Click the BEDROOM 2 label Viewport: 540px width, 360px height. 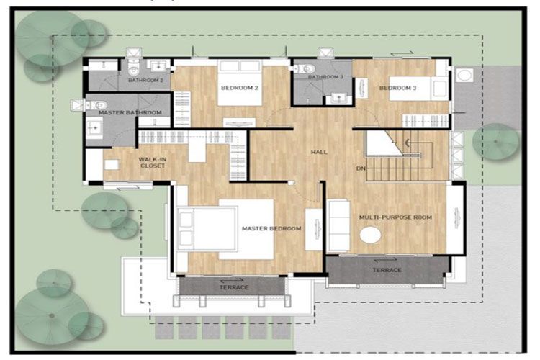click(239, 88)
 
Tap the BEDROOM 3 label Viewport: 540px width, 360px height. click(397, 88)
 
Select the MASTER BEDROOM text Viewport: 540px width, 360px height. click(271, 228)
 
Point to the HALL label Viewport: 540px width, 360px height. click(319, 152)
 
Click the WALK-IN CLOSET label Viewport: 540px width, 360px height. click(153, 163)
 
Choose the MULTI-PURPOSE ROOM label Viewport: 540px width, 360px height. click(395, 217)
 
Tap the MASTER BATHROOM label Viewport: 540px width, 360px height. click(130, 112)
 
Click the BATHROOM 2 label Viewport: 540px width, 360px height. click(145, 80)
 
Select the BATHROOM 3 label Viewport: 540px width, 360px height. click(325, 77)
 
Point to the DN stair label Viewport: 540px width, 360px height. click(361, 168)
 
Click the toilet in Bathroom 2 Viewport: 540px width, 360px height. click(133, 68)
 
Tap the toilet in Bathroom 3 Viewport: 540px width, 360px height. click(305, 69)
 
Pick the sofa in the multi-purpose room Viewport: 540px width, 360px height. click(338, 225)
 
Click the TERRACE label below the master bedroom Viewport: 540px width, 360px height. click(234, 287)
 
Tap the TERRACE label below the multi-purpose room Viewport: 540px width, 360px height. click(387, 270)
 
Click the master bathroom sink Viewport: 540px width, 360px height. click(94, 128)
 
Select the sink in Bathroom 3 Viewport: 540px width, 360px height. click(339, 99)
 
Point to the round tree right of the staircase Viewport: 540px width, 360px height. click(495, 142)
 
